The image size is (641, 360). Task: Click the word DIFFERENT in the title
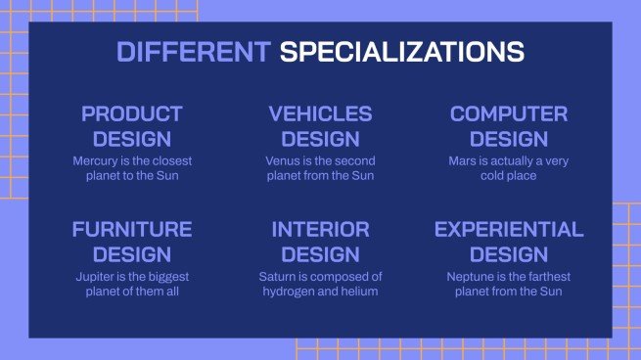194,52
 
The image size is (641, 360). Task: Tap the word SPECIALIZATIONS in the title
402,52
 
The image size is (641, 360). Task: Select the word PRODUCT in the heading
131,114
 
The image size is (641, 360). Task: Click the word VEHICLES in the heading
320,114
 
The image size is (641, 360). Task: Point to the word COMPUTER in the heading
508,114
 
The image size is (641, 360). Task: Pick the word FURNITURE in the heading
131,230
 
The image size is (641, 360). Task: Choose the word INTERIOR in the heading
320,230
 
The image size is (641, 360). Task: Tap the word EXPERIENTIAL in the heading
508,230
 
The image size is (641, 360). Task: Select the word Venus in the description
282,160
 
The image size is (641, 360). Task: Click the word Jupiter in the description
94,276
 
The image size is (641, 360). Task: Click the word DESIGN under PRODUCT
131,139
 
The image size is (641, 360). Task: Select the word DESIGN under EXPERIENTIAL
508,254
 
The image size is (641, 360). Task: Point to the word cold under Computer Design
494,176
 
